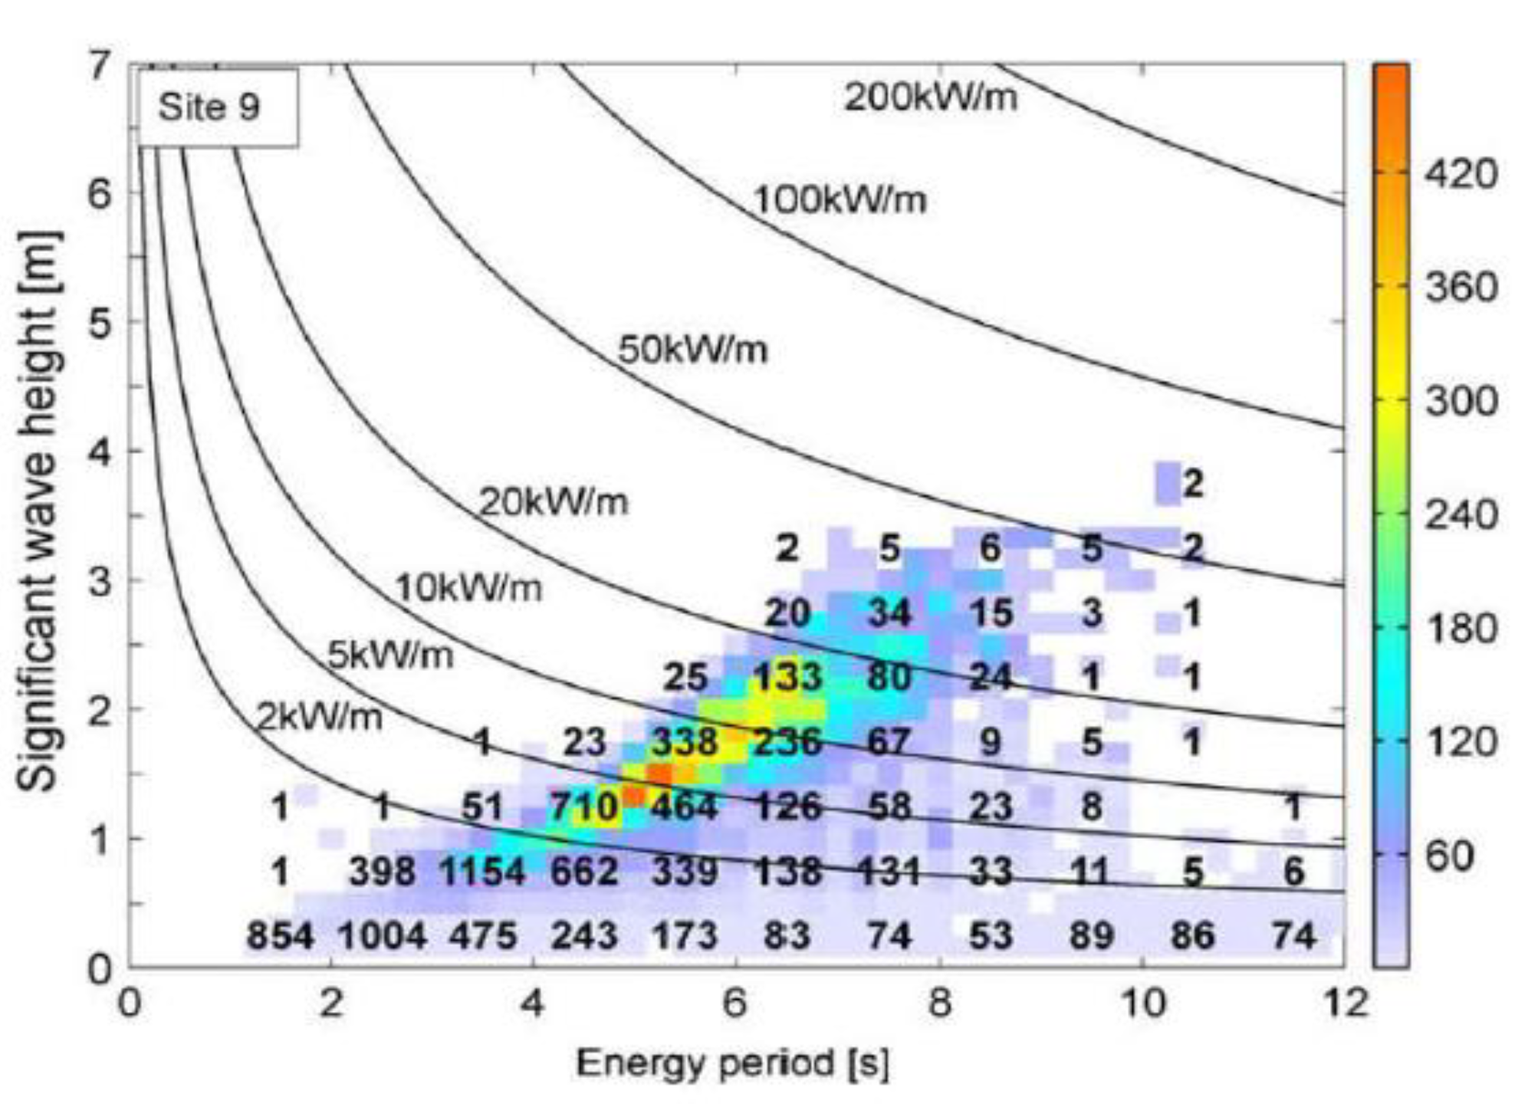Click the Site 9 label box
tap(217, 107)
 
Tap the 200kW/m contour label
tap(930, 97)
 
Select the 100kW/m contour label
tap(840, 200)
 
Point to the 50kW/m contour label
tap(692, 350)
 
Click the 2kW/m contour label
tap(318, 718)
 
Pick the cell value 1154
tap(481, 872)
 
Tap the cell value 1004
tap(382, 936)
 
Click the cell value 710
tap(584, 807)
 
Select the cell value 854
tap(280, 936)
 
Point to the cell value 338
tap(684, 742)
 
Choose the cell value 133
tap(787, 677)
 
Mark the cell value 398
tap(382, 872)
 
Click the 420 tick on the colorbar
tap(1461, 173)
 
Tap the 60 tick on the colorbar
tap(1449, 855)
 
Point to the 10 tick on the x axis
tap(1143, 1003)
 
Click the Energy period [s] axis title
tap(732, 1064)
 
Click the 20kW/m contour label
tap(553, 502)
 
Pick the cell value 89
tap(1091, 936)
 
